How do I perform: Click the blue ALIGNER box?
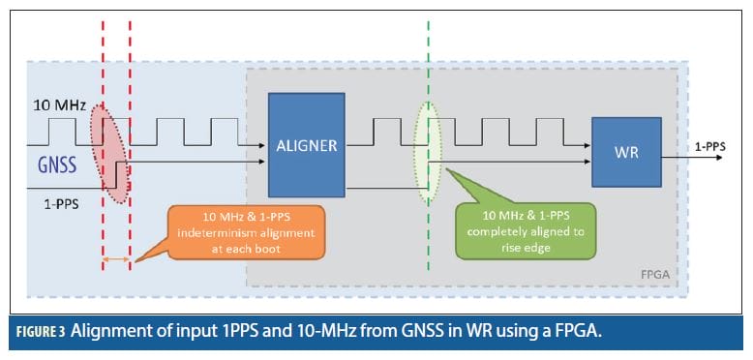point(306,144)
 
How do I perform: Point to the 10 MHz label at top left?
point(55,103)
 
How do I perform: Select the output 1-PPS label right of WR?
point(711,146)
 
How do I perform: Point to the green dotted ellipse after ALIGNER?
point(427,152)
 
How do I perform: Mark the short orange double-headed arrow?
point(116,259)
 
